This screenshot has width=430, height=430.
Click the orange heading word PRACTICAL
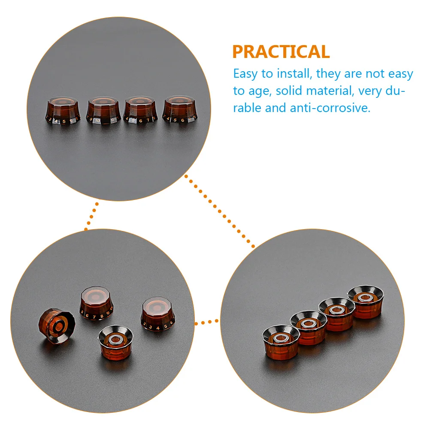[x=281, y=52]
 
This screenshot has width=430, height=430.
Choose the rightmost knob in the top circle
[x=179, y=110]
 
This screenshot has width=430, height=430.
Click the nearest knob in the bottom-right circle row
[x=281, y=342]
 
